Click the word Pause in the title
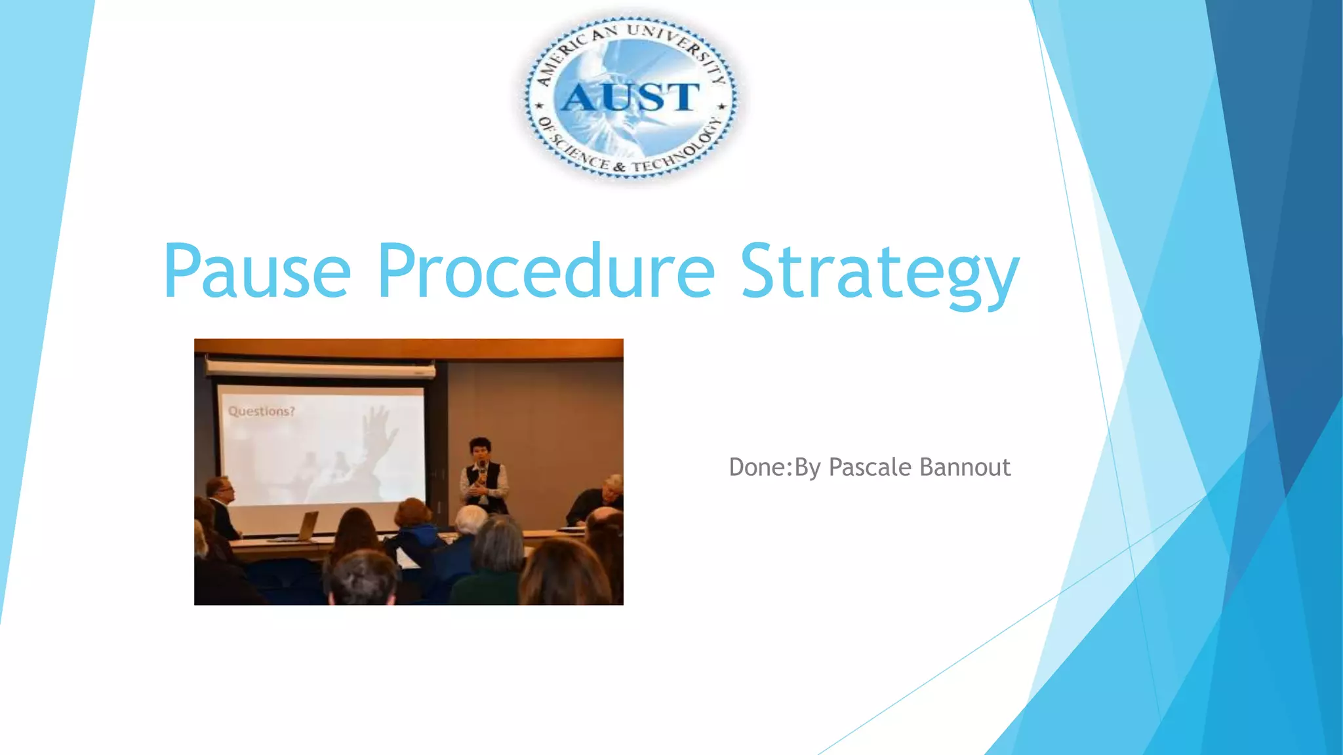(x=257, y=271)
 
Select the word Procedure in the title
(x=546, y=271)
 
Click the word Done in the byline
(x=756, y=467)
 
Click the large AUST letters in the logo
(x=630, y=98)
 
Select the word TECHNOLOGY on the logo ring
(x=682, y=147)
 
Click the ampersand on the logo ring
(x=619, y=168)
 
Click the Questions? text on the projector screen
(x=261, y=412)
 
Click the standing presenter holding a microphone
(x=483, y=475)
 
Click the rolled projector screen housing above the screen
(x=320, y=368)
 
